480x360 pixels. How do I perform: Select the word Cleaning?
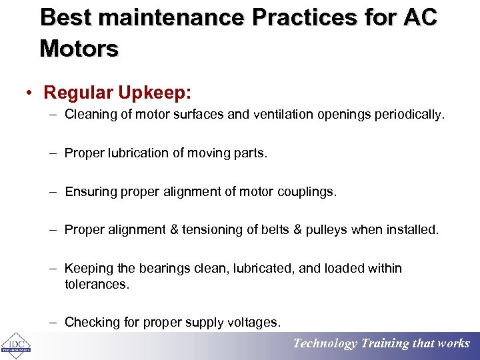(x=87, y=115)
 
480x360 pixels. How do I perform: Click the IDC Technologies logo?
(x=15, y=345)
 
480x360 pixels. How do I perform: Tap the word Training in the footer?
(x=385, y=344)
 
